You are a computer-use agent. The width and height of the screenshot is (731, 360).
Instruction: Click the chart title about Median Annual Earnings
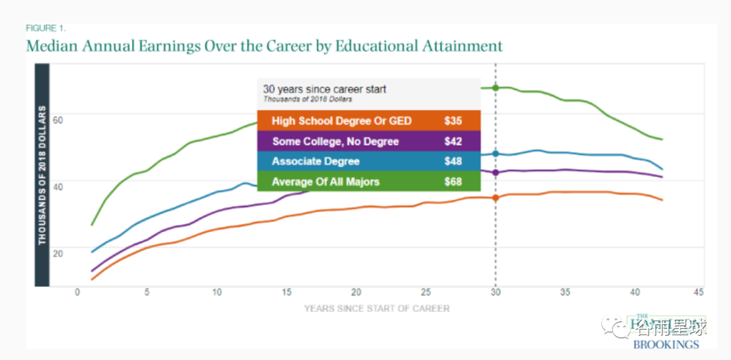click(264, 47)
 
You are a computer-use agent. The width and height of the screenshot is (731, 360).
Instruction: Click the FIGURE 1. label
click(46, 28)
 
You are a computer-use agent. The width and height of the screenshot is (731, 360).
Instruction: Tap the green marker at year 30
click(495, 88)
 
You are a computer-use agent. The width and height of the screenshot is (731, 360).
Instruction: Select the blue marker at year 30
click(495, 154)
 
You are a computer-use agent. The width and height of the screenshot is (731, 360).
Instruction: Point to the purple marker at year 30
click(495, 173)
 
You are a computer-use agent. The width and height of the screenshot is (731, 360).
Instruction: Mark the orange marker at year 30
click(495, 198)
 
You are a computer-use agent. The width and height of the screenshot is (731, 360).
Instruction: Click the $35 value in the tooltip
click(453, 121)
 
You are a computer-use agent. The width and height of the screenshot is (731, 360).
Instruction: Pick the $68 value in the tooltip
click(453, 181)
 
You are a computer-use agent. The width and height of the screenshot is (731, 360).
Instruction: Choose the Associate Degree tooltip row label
click(315, 162)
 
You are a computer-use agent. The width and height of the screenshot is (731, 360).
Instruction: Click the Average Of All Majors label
click(326, 181)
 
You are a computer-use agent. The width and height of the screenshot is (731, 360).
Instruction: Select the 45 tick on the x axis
click(699, 292)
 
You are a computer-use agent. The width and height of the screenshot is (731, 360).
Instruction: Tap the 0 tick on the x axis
click(77, 292)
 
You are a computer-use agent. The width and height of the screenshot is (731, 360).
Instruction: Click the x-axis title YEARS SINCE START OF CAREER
click(376, 309)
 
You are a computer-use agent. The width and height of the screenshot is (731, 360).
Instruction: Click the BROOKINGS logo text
click(666, 344)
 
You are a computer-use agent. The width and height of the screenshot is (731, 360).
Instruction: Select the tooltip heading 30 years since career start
click(324, 89)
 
